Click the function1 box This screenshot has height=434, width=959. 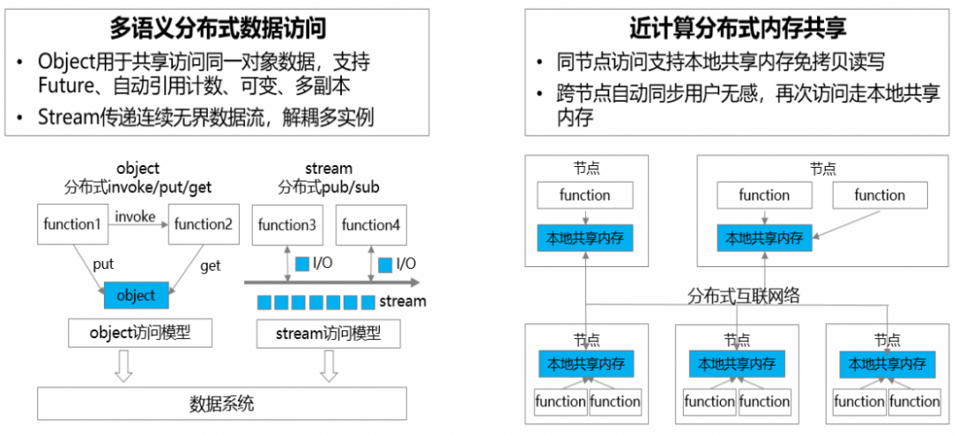pos(72,225)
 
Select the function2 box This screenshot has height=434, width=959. pos(203,225)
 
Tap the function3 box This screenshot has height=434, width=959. pos(287,225)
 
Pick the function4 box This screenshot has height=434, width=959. pos(370,225)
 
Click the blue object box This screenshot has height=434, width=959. pos(136,296)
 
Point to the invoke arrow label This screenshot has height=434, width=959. pos(135,215)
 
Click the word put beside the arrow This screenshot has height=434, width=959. pos(103,264)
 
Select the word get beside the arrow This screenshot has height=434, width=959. pos(210,265)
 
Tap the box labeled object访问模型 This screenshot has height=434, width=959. pos(140,333)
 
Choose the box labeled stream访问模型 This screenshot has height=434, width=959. pos(329,333)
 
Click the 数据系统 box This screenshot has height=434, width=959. pos(222,404)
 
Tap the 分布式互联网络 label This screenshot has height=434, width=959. pos(744,296)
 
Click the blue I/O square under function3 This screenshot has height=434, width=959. pos(302,264)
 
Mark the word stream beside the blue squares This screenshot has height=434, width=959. pos(402,301)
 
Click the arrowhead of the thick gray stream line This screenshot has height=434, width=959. pos(415,282)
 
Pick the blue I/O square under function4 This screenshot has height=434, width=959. pos(385,264)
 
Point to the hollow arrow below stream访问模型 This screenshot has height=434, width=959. pos(329,367)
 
